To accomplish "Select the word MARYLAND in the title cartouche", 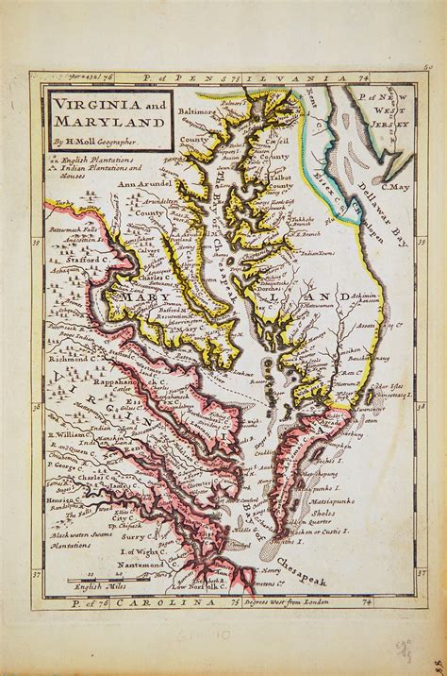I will click(x=91, y=120).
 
